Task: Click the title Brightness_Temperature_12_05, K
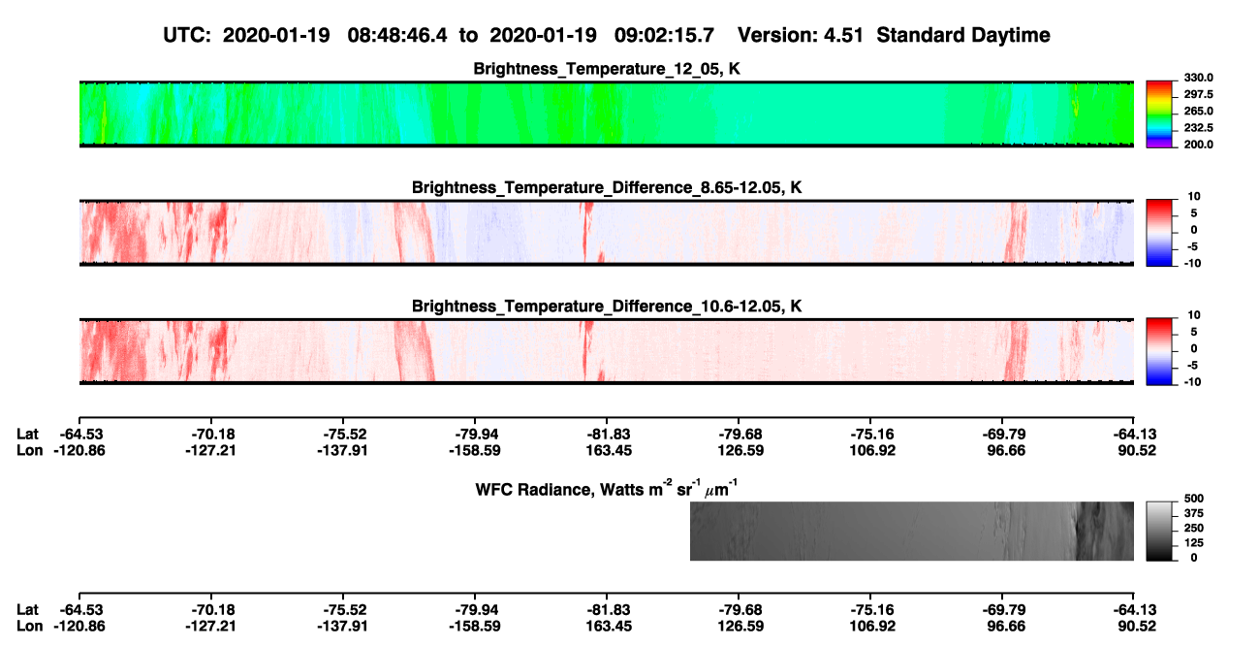(607, 69)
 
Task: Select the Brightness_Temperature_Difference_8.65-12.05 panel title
(607, 187)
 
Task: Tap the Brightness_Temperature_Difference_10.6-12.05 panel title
(607, 307)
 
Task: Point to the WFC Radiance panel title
(607, 488)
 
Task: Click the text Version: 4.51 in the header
(800, 35)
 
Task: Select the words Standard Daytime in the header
(963, 35)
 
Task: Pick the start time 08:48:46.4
(397, 35)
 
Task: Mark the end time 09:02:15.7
(664, 35)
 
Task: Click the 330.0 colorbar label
(1198, 78)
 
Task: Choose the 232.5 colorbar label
(1198, 128)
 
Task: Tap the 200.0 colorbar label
(1198, 145)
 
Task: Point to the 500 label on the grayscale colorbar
(1194, 499)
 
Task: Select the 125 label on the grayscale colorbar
(1194, 543)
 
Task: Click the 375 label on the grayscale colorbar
(1194, 513)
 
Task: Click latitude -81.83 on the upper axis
(608, 435)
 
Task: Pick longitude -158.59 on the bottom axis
(474, 627)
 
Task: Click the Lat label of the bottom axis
(27, 610)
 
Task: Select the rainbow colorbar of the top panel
(1159, 114)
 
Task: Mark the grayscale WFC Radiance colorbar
(1159, 531)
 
